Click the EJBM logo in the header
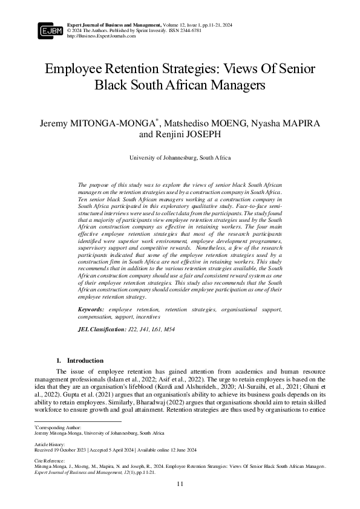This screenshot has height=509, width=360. coord(50,30)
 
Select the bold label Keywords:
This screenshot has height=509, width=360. coord(91,310)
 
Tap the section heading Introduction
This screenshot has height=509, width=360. coord(85,360)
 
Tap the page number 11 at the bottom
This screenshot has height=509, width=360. coord(180,484)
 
